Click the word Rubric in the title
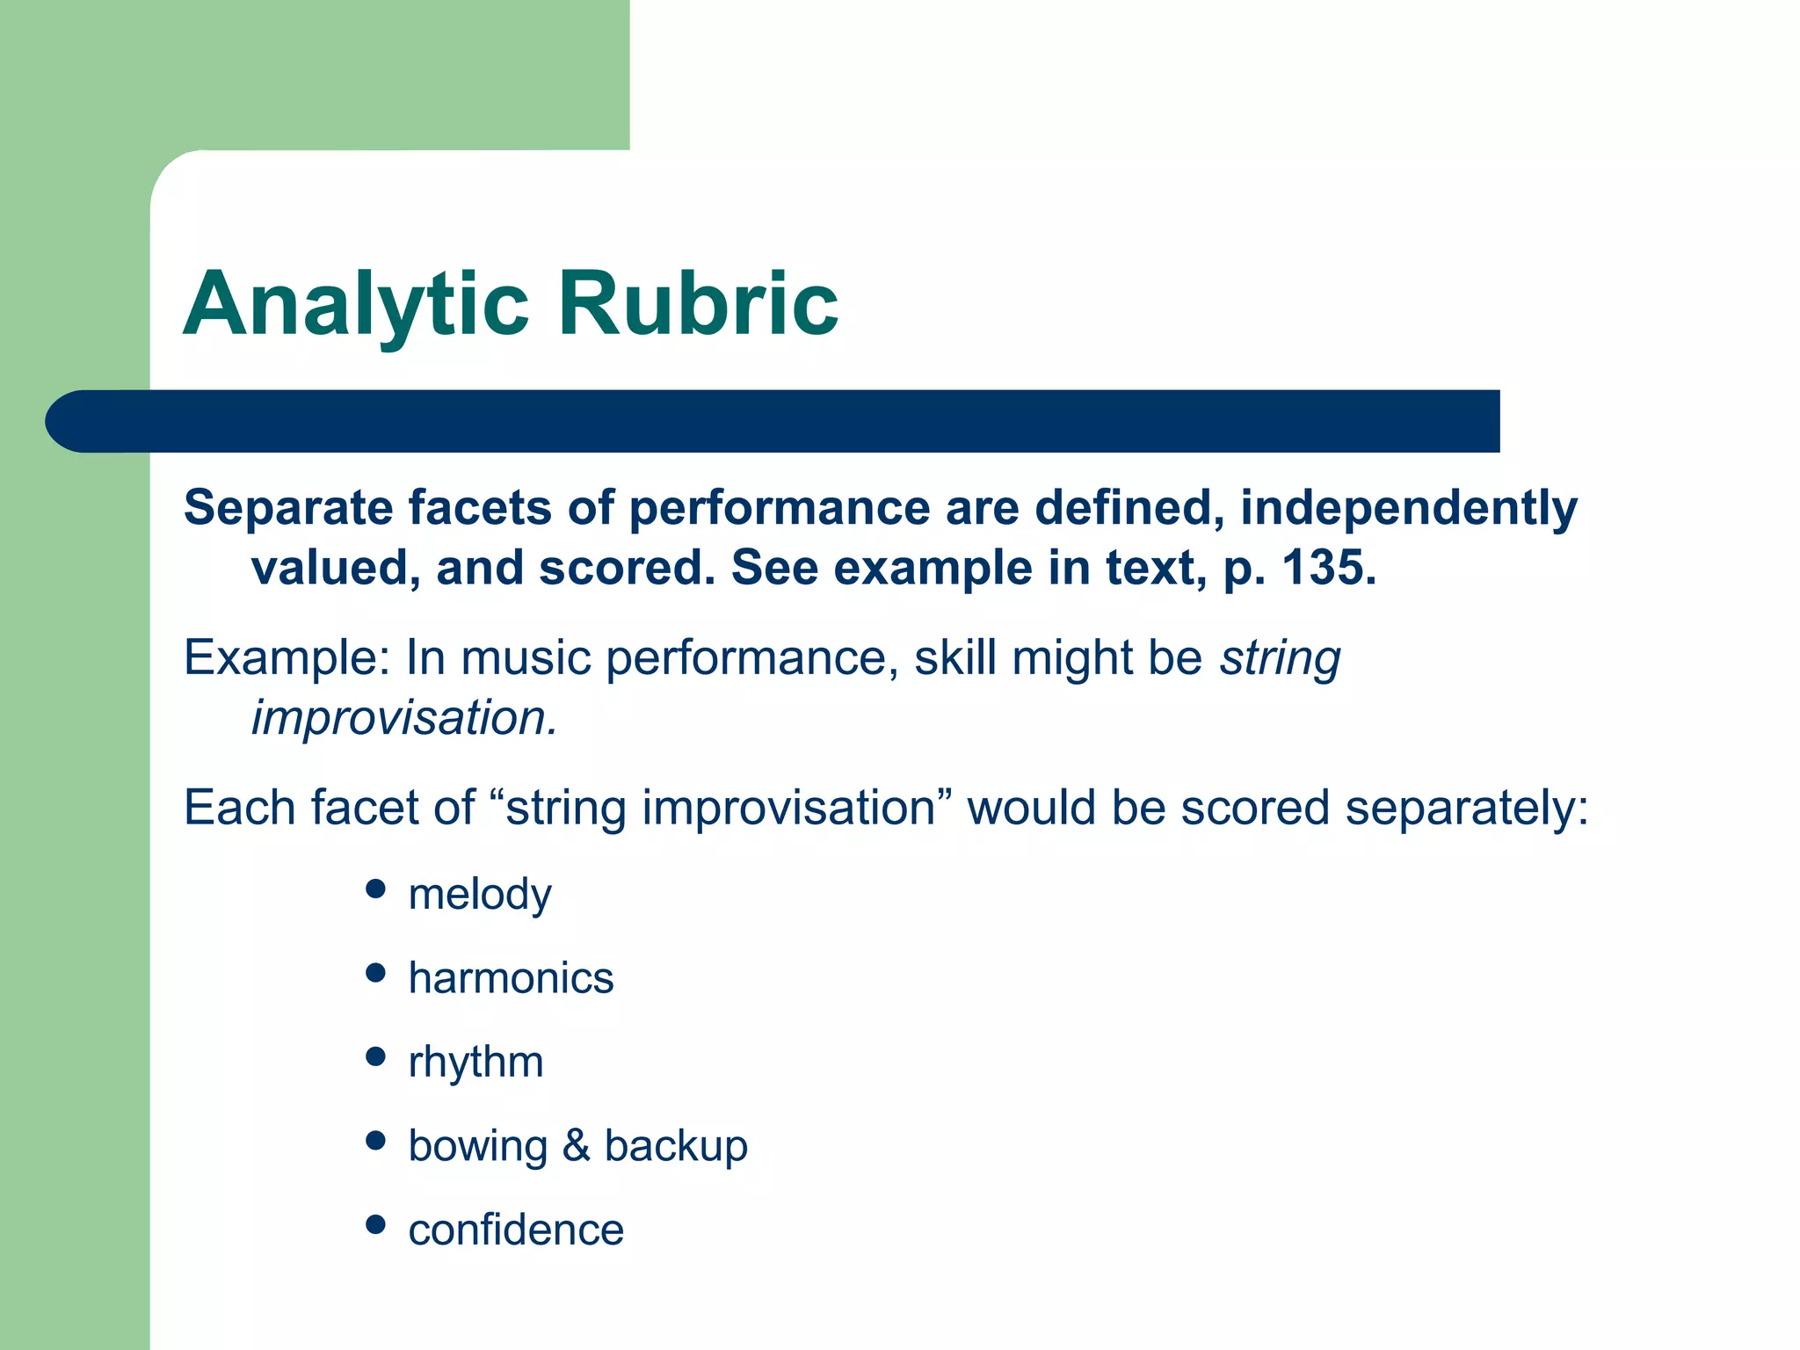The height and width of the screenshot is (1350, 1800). coord(698,304)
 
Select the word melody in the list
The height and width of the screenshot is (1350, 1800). coord(480,895)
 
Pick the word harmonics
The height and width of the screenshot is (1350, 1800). coord(511,978)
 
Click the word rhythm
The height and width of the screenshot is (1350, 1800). coord(475,1063)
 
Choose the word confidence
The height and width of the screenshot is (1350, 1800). coord(516,1230)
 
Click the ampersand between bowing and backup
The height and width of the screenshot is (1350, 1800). coord(576,1145)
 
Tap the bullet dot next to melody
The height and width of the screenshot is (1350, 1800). coord(375,889)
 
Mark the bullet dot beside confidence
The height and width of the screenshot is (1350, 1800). coord(375,1224)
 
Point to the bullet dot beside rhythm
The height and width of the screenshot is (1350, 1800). coord(375,1056)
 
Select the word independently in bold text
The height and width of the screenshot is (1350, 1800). coord(1408,508)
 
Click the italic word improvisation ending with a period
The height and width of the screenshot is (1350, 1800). coord(403,718)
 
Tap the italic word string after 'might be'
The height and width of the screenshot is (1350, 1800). coord(1280,658)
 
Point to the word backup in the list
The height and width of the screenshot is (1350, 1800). coord(675,1145)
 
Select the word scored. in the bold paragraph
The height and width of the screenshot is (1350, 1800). coord(628,568)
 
